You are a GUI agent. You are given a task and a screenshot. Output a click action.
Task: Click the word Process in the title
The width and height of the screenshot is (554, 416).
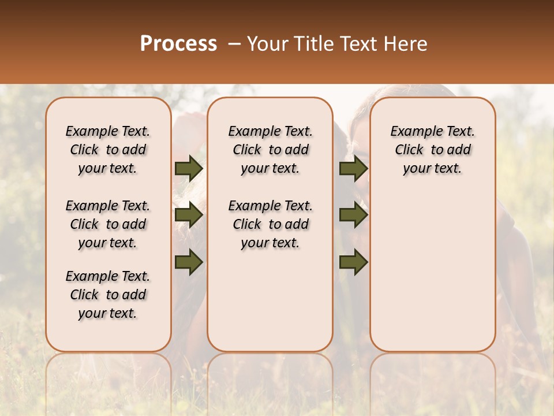click(178, 44)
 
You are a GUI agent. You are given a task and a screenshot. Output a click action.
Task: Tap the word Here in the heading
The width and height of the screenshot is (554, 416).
click(406, 44)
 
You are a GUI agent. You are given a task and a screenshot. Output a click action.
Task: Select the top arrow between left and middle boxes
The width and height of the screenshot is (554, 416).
click(189, 168)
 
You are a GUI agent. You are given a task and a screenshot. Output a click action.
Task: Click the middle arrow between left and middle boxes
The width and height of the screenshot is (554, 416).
click(189, 216)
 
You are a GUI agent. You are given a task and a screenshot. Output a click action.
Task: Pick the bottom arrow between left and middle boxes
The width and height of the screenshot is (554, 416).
click(189, 262)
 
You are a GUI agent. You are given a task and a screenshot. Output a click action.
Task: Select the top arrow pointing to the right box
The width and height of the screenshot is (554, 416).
click(353, 168)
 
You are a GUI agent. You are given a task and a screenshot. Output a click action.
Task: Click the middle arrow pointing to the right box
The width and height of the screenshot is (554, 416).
click(353, 216)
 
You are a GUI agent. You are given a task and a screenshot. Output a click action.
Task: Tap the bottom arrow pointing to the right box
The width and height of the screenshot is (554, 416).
click(353, 262)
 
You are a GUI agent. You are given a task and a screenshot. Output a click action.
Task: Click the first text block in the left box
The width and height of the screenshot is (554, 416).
click(108, 150)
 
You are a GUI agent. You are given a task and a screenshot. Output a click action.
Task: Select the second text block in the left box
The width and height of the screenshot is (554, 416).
click(108, 224)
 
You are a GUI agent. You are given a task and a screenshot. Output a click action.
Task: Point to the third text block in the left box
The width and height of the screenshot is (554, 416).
click(108, 295)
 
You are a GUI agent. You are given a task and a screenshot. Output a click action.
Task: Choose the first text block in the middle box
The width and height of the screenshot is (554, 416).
click(270, 150)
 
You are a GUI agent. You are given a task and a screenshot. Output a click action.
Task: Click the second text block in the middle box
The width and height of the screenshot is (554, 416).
click(270, 224)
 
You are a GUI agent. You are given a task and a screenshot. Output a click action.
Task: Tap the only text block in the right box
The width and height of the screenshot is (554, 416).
click(432, 150)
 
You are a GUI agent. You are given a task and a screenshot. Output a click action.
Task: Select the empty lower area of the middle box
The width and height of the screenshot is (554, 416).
click(270, 300)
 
